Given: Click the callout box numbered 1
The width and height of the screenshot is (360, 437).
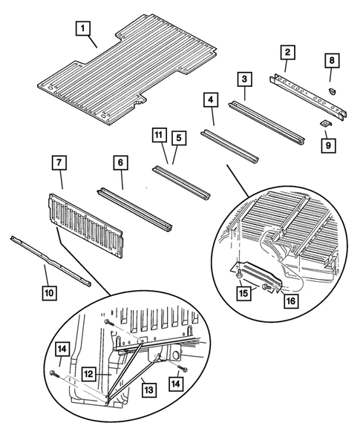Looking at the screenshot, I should (x=85, y=30).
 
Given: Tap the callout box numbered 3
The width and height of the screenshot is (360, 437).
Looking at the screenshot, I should (x=244, y=79).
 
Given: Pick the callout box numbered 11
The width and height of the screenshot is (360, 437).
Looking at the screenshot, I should (x=157, y=136).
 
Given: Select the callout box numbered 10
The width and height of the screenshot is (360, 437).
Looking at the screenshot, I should (x=48, y=294).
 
